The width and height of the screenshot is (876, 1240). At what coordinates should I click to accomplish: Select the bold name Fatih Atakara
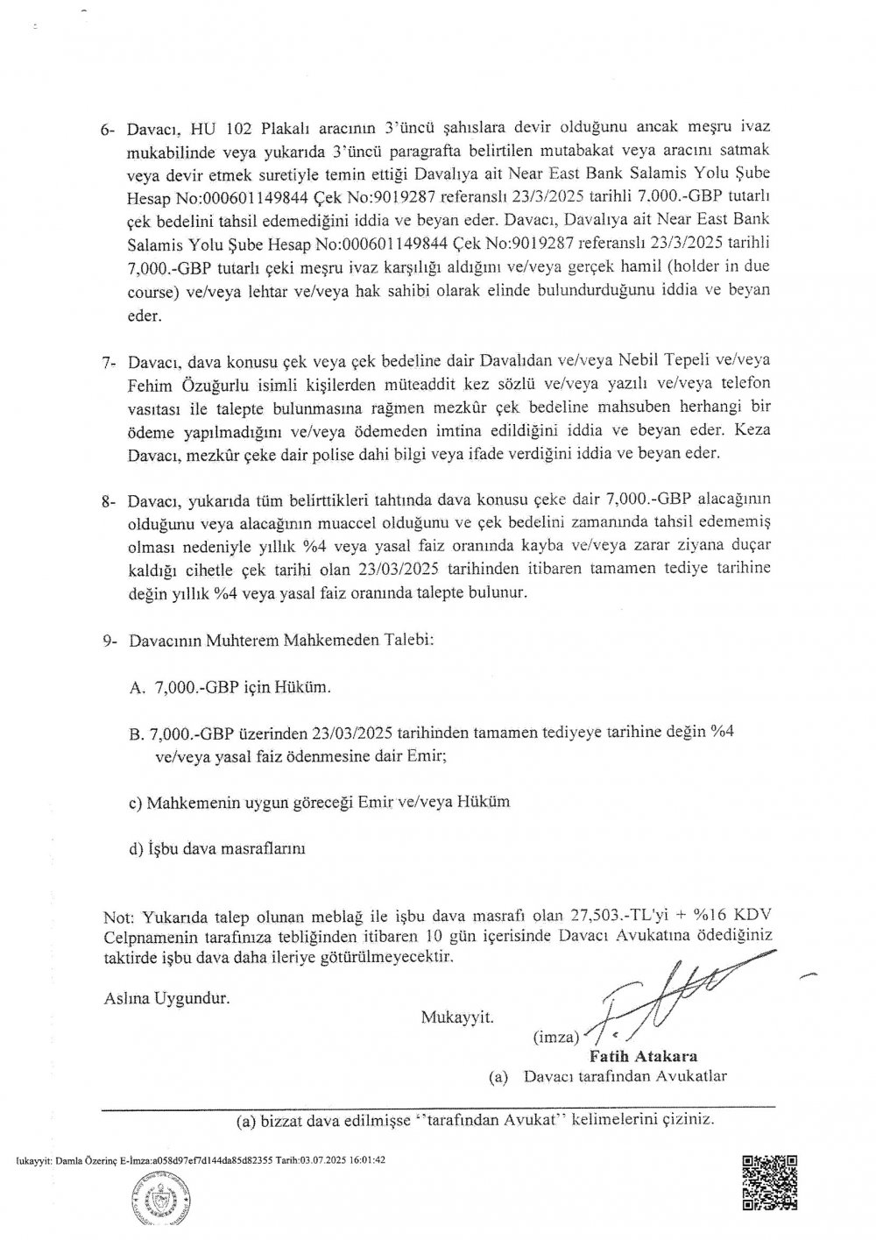pyautogui.click(x=662, y=1056)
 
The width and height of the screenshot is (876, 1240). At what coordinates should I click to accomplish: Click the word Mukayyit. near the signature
pyautogui.click(x=457, y=1017)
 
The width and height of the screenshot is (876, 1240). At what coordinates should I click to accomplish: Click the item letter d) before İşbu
pyautogui.click(x=136, y=848)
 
